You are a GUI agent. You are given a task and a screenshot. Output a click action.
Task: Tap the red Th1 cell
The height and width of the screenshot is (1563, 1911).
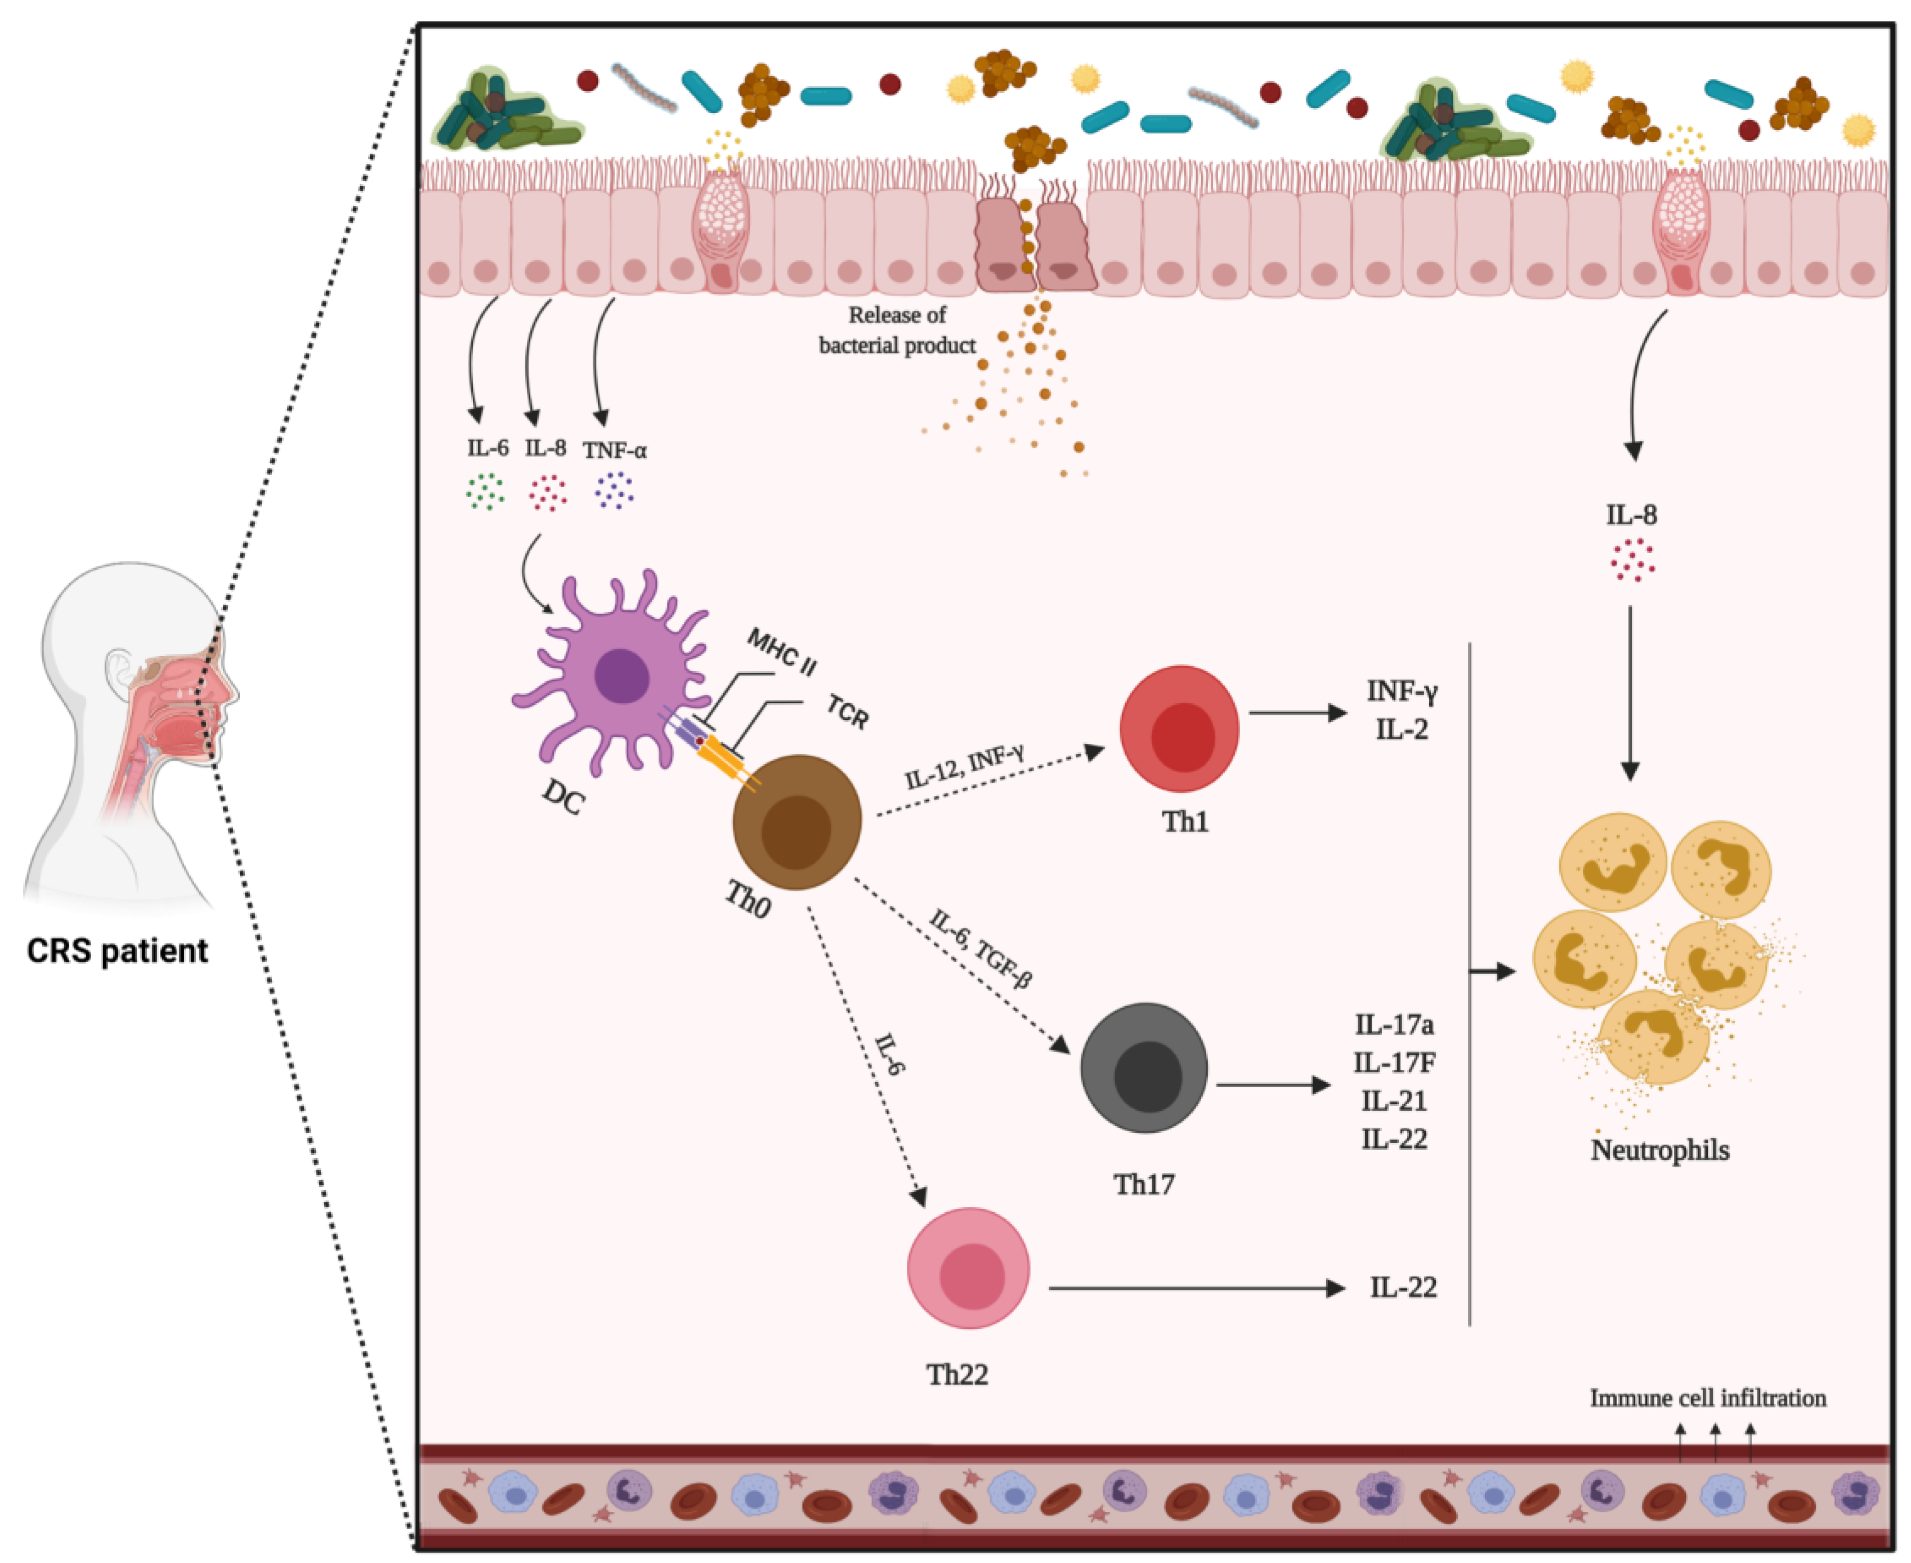pos(1179,729)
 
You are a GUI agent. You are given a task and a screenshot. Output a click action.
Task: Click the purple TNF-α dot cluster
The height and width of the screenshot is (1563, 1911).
pos(615,490)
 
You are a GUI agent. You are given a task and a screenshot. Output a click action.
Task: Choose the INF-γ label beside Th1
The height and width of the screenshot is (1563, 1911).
pos(1402,691)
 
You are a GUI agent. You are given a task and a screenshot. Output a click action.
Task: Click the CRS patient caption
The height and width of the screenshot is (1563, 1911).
pos(117,951)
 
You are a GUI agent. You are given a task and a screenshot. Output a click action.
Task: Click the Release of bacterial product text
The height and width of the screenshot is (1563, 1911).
pos(897,329)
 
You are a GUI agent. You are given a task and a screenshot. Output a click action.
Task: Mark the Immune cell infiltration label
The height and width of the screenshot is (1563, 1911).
pos(1708,1397)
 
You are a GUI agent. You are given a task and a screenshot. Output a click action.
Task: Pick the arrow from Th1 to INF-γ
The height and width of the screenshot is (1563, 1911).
pos(1297,713)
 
